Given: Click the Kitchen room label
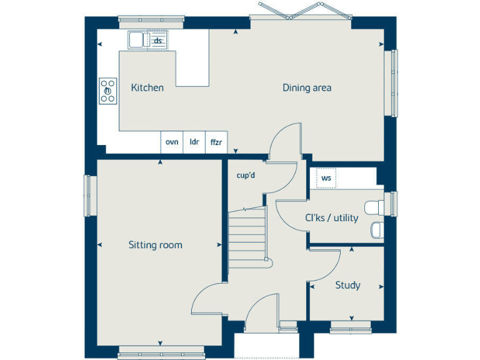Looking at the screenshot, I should point(147,87).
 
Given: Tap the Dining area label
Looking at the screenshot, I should point(306,87).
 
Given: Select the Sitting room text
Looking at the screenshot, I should point(156,245).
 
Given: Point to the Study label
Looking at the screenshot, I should point(347,285).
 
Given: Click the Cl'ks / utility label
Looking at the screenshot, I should point(331,218).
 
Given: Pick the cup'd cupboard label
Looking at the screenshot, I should point(246,175).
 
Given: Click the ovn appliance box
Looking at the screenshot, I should point(172,142).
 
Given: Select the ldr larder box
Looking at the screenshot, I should point(194,142).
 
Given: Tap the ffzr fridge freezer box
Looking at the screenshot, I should point(216,142).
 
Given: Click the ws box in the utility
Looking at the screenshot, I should point(326,178).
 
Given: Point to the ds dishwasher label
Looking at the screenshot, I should point(158,41).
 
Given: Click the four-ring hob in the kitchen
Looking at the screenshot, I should point(107,91).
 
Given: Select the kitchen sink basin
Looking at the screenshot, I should point(137,41).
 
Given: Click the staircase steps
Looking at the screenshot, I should point(247,234).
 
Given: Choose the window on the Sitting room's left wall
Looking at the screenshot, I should point(89,195).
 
